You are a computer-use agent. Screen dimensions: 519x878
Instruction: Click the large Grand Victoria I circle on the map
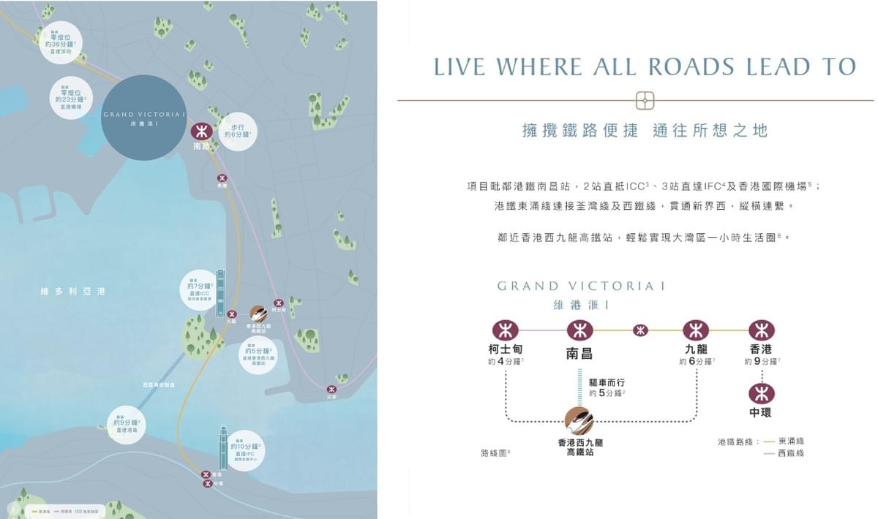point(144,118)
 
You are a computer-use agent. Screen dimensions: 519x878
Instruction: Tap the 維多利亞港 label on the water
point(72,292)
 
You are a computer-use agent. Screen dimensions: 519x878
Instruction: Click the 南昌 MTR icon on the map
point(201,132)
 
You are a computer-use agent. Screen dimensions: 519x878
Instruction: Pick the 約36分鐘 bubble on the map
point(60,41)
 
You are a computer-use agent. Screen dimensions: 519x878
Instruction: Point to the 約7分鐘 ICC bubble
point(199,289)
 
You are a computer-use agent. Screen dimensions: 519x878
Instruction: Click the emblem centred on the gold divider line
point(645,100)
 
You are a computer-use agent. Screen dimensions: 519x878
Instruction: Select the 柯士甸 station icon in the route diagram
point(505,330)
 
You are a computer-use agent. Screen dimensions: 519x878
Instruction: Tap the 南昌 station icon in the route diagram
point(579,330)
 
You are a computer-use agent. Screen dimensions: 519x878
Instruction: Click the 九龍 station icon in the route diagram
point(695,330)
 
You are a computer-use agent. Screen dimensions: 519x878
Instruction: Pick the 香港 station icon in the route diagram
point(761,330)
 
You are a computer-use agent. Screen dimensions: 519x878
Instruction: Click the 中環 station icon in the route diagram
point(761,394)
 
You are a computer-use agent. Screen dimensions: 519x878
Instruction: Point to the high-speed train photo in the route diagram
point(579,421)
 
